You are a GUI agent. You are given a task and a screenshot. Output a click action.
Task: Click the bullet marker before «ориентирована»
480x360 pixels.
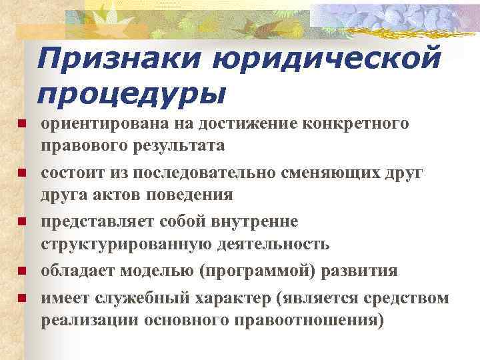[21, 124]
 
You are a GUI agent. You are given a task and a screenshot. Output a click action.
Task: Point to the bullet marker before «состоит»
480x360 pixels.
[21, 173]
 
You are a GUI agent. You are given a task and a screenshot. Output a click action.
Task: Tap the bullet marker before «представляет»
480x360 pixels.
[21, 221]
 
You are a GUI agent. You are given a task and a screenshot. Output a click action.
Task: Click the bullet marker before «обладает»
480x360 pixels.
[21, 271]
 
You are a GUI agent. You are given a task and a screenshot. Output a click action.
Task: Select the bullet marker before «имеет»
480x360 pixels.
[21, 297]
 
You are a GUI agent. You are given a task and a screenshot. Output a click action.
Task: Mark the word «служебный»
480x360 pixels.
[140, 297]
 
